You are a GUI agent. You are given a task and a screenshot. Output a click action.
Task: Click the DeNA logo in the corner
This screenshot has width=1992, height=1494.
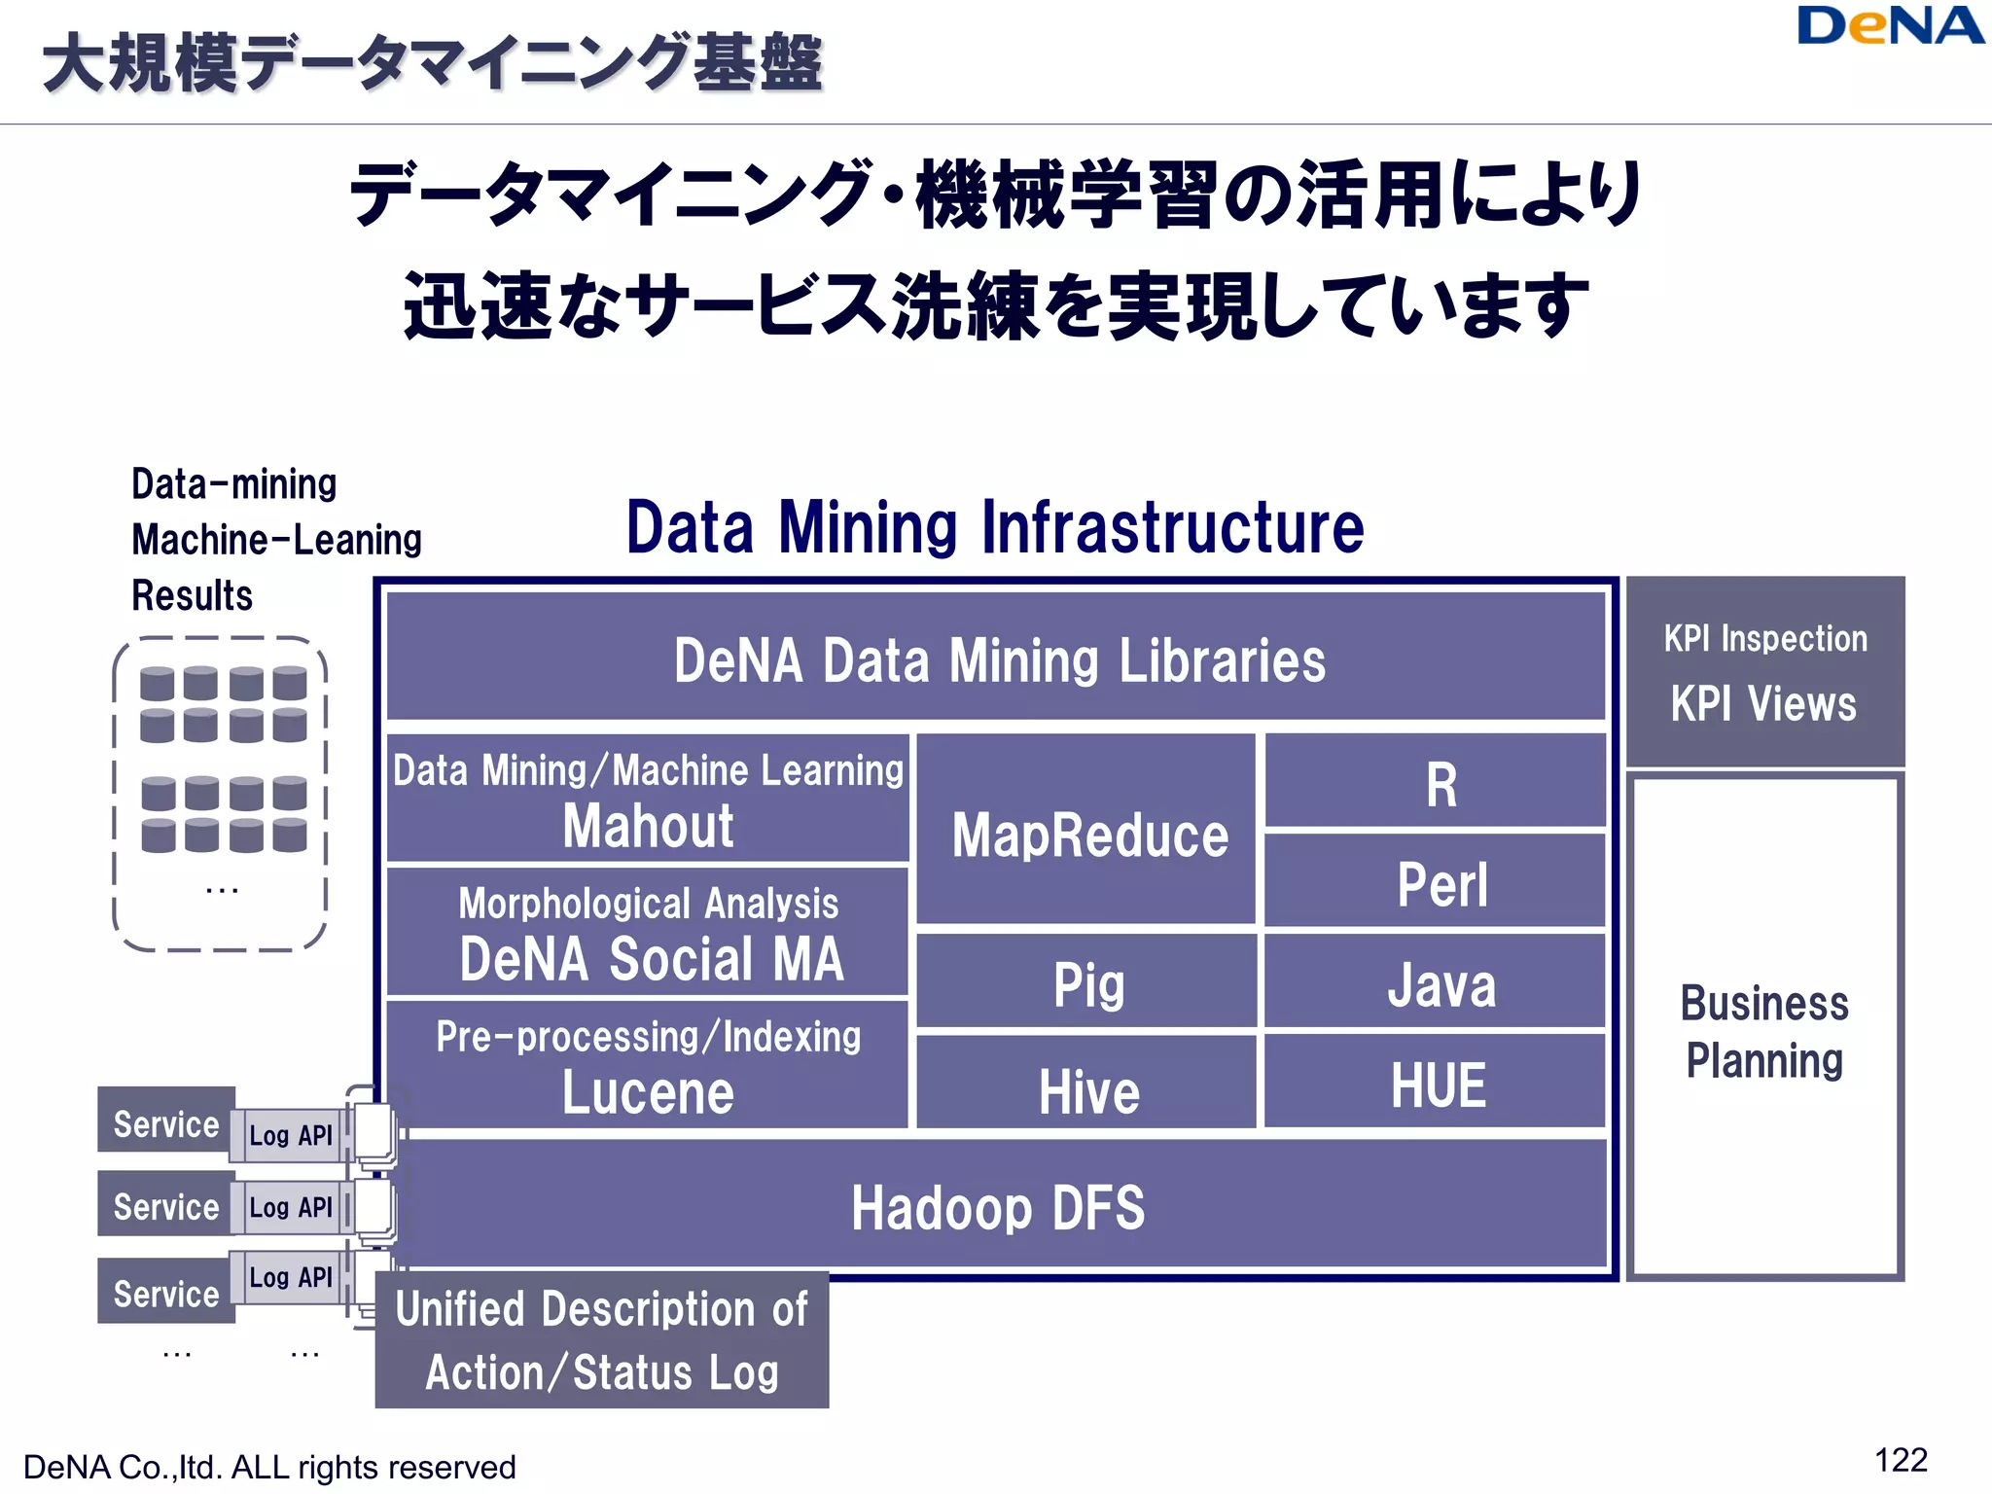tap(1889, 26)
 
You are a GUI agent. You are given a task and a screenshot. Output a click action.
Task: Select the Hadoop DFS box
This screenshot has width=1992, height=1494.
tap(998, 1206)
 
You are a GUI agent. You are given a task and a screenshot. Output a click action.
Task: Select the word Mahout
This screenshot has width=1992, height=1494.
tap(648, 827)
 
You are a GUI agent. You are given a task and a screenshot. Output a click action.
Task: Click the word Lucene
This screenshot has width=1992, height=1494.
tap(648, 1092)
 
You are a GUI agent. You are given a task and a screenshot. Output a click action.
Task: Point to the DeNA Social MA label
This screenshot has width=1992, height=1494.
tap(651, 959)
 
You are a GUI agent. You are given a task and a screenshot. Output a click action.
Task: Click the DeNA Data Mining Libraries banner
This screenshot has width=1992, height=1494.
tap(998, 659)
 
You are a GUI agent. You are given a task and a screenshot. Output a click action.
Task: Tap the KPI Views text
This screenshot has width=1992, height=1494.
tap(1763, 703)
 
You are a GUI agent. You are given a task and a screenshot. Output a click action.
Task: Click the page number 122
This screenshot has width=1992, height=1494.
tap(1900, 1460)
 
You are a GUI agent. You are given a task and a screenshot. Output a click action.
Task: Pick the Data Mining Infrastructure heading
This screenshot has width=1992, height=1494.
tap(994, 527)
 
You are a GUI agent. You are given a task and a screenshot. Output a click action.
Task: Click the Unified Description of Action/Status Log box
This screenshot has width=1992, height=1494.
tap(602, 1339)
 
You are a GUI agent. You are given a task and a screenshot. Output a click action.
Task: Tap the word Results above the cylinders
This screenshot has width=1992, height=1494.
tap(193, 595)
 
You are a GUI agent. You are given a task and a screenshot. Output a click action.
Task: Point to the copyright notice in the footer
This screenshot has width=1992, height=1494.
tap(269, 1467)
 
